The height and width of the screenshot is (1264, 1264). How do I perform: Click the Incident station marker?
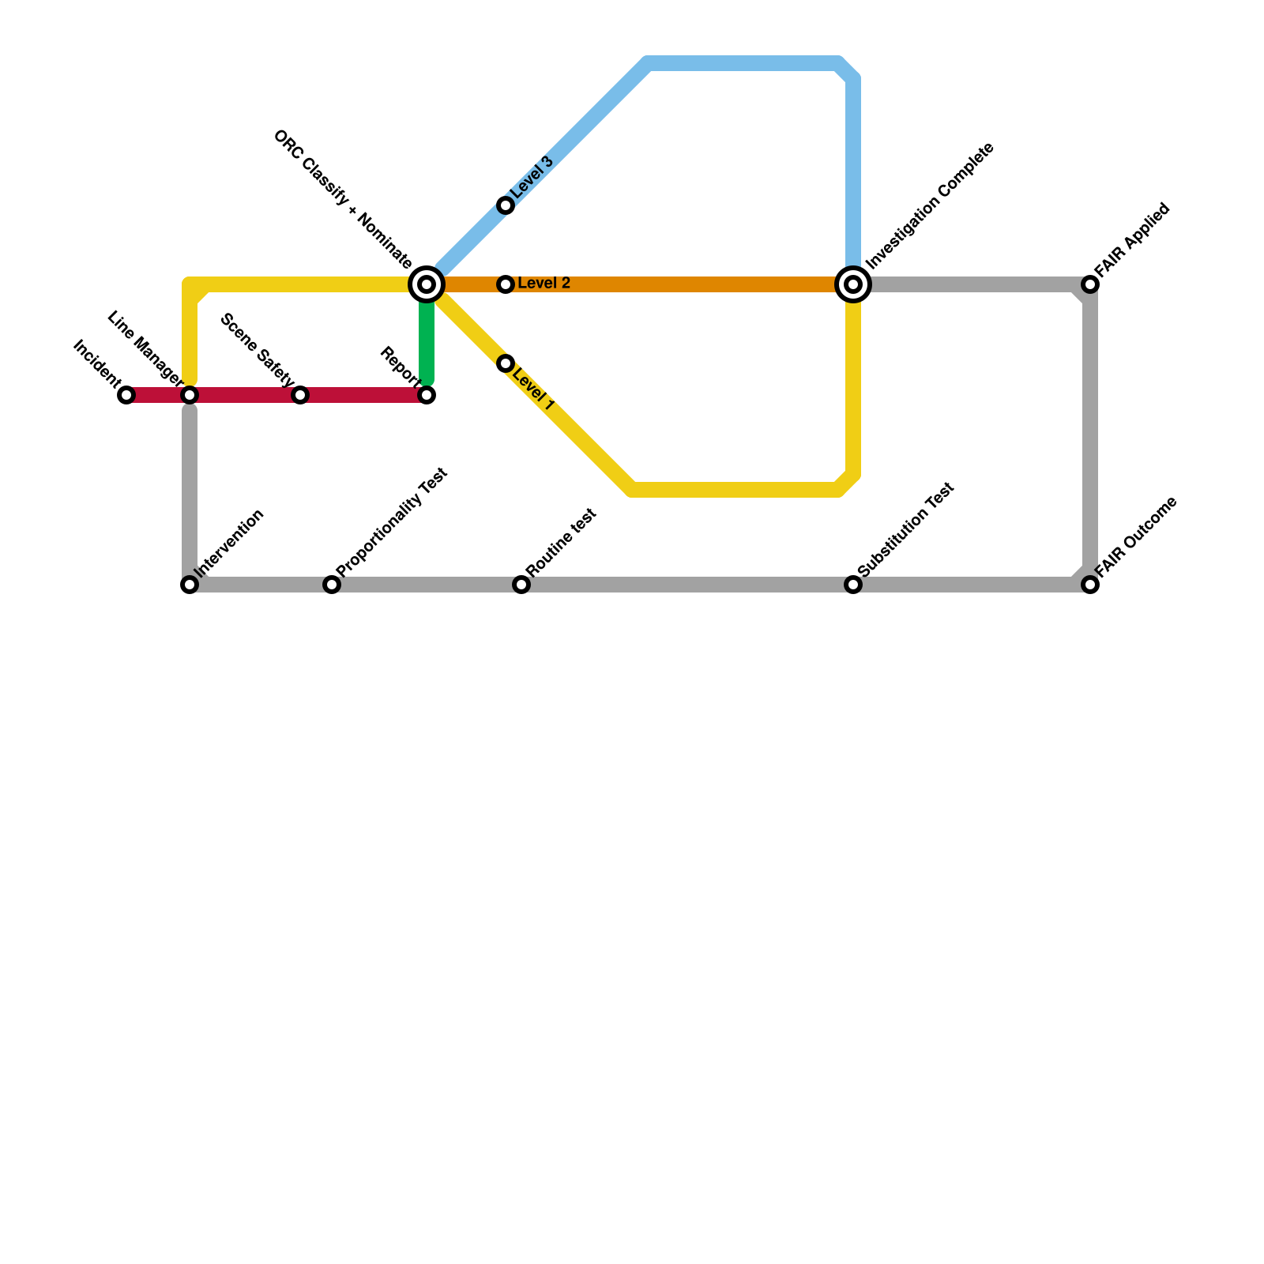point(126,395)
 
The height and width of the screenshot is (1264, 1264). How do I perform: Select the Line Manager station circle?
point(190,395)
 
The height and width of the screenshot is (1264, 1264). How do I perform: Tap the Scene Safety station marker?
point(300,395)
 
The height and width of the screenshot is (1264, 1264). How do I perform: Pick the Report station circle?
point(427,395)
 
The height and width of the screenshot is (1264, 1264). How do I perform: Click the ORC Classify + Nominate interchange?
point(427,284)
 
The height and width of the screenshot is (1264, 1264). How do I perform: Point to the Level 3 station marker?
point(506,205)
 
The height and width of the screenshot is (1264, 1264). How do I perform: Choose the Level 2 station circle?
point(506,284)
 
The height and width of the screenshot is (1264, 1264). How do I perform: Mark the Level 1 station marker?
point(506,363)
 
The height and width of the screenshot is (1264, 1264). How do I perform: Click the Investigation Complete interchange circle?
point(853,284)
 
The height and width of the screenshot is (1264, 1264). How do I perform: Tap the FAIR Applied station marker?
point(1090,284)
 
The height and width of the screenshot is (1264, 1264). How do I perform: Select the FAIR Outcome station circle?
point(1090,585)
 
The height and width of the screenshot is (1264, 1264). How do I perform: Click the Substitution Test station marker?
point(853,585)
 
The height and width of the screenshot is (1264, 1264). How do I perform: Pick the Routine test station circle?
point(521,585)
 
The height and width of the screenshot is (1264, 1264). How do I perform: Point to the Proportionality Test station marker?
point(332,585)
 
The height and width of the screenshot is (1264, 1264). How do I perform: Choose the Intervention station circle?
point(190,585)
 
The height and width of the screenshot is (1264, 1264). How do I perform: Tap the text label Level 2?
point(544,284)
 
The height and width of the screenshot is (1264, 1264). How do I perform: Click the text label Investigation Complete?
point(929,206)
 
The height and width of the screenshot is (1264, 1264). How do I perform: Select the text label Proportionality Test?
point(392,522)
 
